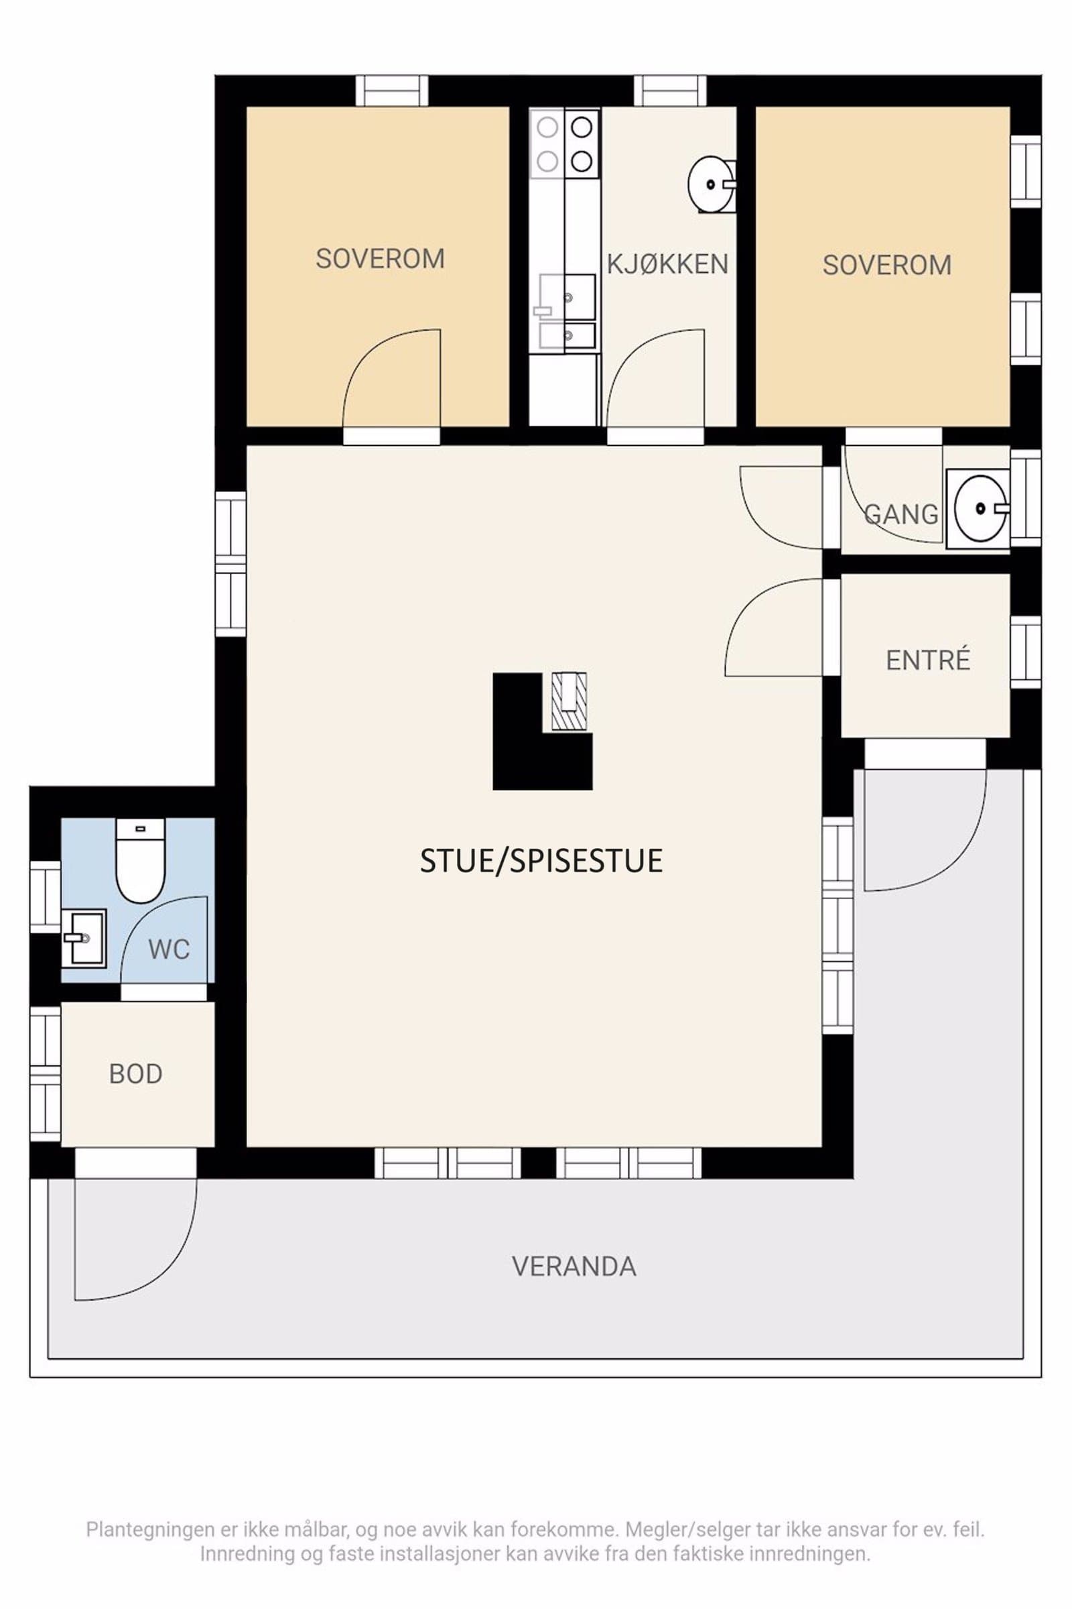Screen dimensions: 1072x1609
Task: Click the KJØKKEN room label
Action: point(667,264)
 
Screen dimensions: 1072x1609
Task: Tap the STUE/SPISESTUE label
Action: point(541,861)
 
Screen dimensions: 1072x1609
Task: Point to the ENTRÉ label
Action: point(928,660)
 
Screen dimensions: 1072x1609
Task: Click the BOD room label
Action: point(135,1074)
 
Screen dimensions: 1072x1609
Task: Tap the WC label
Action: point(169,949)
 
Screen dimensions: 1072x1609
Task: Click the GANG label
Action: point(901,514)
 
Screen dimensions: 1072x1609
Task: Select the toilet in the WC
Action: point(141,861)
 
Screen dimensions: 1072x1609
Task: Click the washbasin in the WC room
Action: point(83,938)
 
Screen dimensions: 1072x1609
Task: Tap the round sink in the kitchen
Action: point(711,185)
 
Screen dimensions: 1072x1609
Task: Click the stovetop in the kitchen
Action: point(565,143)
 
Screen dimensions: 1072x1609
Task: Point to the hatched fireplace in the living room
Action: point(569,702)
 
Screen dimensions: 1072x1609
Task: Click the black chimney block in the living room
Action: point(520,731)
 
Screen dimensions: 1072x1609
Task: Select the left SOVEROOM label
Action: point(380,259)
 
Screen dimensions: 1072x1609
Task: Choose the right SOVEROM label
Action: point(886,265)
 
